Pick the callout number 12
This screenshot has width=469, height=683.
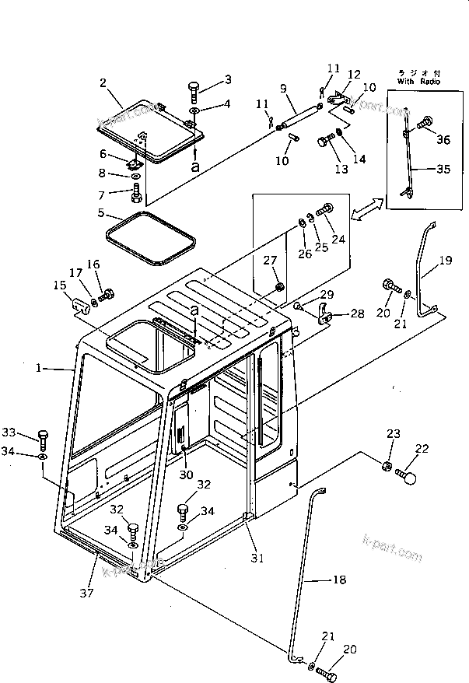[353, 75]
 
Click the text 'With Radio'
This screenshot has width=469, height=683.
[418, 81]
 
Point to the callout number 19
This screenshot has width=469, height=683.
[445, 262]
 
